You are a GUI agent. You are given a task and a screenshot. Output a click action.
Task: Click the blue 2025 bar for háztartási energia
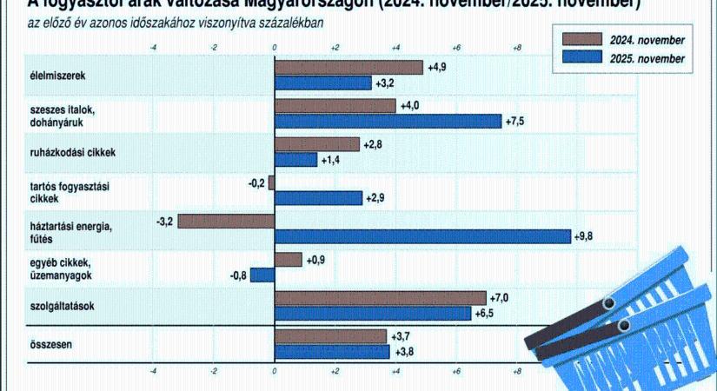(422, 236)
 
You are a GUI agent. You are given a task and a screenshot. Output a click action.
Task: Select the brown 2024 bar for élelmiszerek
(349, 67)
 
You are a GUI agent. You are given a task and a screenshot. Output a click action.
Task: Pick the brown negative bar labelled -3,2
(226, 221)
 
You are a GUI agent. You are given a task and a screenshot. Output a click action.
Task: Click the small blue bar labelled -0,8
(262, 275)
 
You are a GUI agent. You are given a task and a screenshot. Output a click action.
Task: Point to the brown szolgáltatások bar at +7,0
(380, 297)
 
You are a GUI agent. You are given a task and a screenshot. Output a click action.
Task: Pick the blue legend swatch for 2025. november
(581, 57)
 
